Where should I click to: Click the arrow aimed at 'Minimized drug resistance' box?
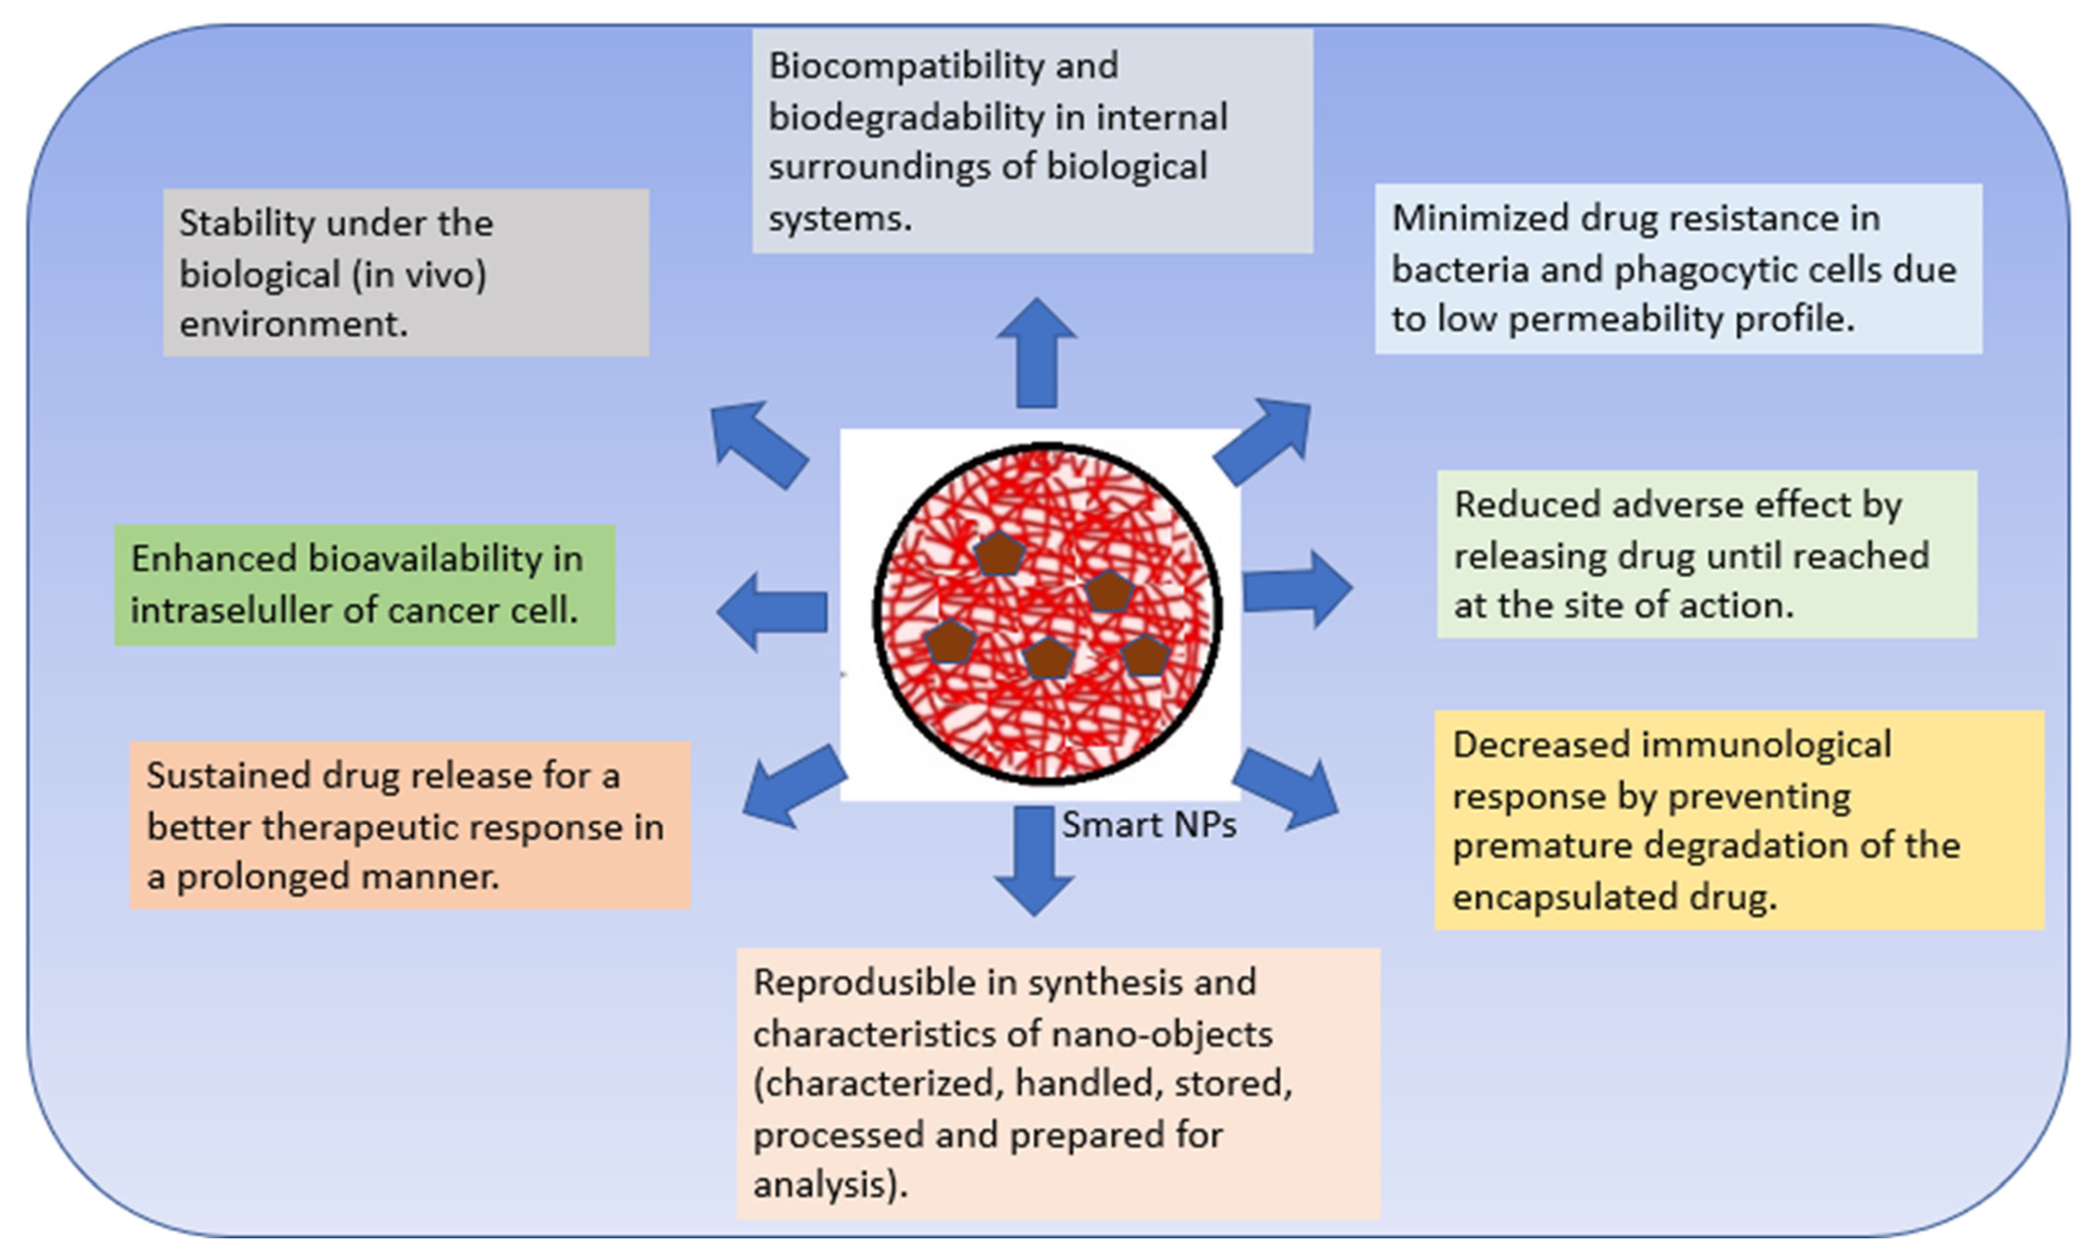pos(1265,441)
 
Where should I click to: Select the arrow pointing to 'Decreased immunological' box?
pos(1286,790)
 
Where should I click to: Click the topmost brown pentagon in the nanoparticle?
pos(999,555)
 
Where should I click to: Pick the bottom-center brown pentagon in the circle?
pos(1048,659)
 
